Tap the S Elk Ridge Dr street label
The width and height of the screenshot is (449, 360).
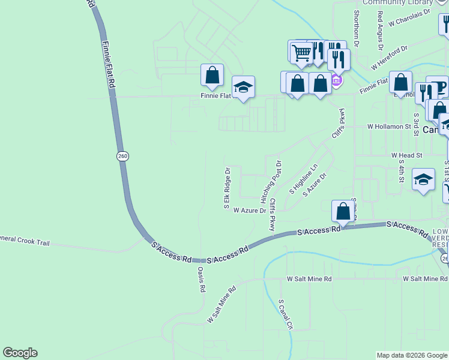(228, 188)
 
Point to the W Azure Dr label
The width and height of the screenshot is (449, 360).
(250, 211)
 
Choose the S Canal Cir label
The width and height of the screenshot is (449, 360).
(285, 314)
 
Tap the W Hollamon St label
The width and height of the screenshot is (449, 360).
(388, 127)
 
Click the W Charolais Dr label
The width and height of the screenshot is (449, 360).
(410, 18)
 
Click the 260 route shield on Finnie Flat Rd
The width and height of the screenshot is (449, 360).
(122, 156)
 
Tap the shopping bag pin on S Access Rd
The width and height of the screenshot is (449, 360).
(343, 212)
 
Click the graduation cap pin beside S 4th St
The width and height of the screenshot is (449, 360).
(423, 179)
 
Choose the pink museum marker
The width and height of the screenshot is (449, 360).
(336, 80)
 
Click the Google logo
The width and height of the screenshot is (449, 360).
(20, 353)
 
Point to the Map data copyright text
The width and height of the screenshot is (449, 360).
(412, 355)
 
